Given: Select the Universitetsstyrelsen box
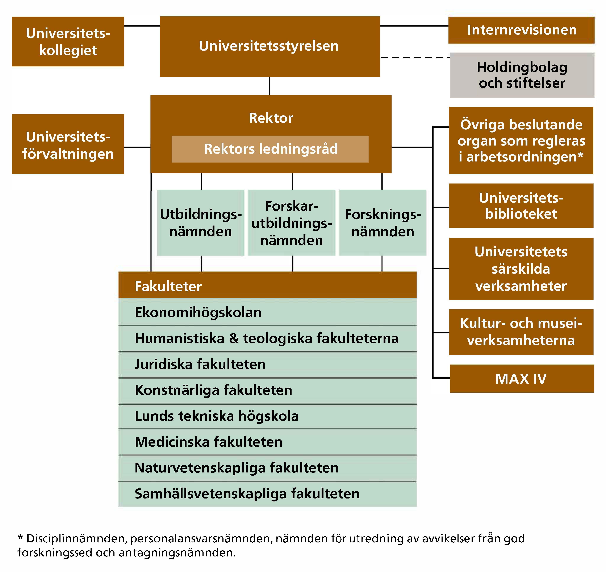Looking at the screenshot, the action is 270,46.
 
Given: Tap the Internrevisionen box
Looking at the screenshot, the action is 522,30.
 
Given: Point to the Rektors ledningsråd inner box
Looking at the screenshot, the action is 270,149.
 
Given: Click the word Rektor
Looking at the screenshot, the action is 271,118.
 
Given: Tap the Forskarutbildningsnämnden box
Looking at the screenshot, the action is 292,223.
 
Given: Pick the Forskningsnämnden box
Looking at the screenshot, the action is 383,223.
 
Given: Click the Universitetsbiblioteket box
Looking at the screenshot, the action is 521,206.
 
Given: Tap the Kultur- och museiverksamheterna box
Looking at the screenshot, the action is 521,332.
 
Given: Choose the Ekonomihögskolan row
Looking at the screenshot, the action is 267,312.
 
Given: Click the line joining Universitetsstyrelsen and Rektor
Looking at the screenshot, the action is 269,86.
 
